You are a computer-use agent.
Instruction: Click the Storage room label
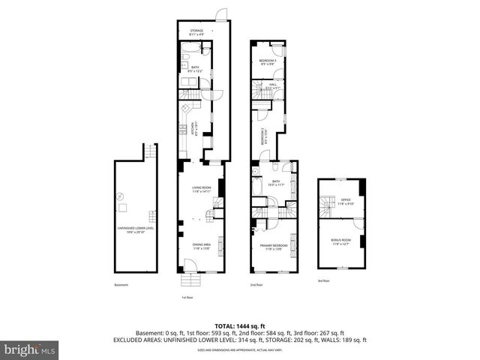point(196,32)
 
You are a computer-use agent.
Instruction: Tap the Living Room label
point(201,189)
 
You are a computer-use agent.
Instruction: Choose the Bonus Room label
point(340,242)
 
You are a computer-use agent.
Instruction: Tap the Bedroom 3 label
point(268,61)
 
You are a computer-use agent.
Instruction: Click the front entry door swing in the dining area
point(189,265)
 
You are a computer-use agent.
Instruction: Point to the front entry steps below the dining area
point(192,282)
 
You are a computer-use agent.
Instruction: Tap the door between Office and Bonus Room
point(358,223)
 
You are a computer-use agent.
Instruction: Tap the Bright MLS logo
point(30,350)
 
